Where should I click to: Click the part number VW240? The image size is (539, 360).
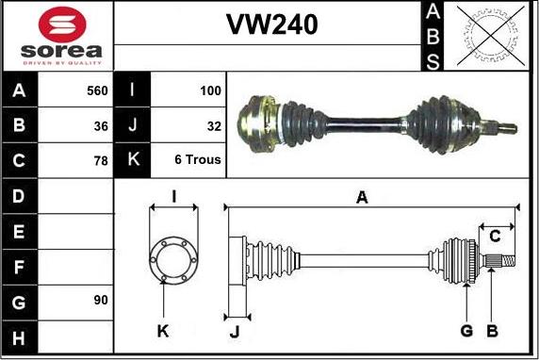pos(271,25)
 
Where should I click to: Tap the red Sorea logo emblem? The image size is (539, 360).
pos(62,25)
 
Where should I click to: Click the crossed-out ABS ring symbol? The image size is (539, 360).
pos(491,36)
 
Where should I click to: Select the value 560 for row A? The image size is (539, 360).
pos(97,90)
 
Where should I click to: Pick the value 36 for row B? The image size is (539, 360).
pos(101,126)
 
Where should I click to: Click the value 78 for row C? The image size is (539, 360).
pos(101,160)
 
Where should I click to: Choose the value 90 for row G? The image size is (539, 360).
pos(101,300)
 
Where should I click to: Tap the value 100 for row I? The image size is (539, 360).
pos(210,90)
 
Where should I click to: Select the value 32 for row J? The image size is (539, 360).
pos(214,126)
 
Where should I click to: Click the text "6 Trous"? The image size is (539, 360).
pos(198,159)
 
